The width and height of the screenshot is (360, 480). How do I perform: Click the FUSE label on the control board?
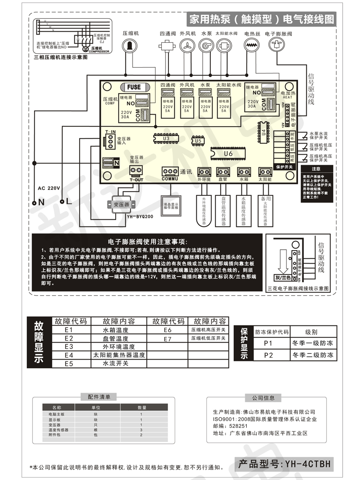tap(134, 87)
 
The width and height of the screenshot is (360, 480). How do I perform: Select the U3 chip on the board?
tap(166, 138)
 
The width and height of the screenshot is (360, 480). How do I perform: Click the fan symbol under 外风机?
tap(187, 46)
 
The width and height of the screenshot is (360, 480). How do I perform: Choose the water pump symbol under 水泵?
tap(206, 46)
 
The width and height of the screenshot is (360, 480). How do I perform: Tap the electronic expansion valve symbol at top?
tap(276, 46)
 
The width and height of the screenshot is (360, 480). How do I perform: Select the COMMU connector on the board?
tap(169, 172)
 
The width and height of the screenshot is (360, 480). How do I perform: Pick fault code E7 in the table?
tap(167, 339)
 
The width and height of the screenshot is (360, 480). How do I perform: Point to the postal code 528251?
tap(239, 426)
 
